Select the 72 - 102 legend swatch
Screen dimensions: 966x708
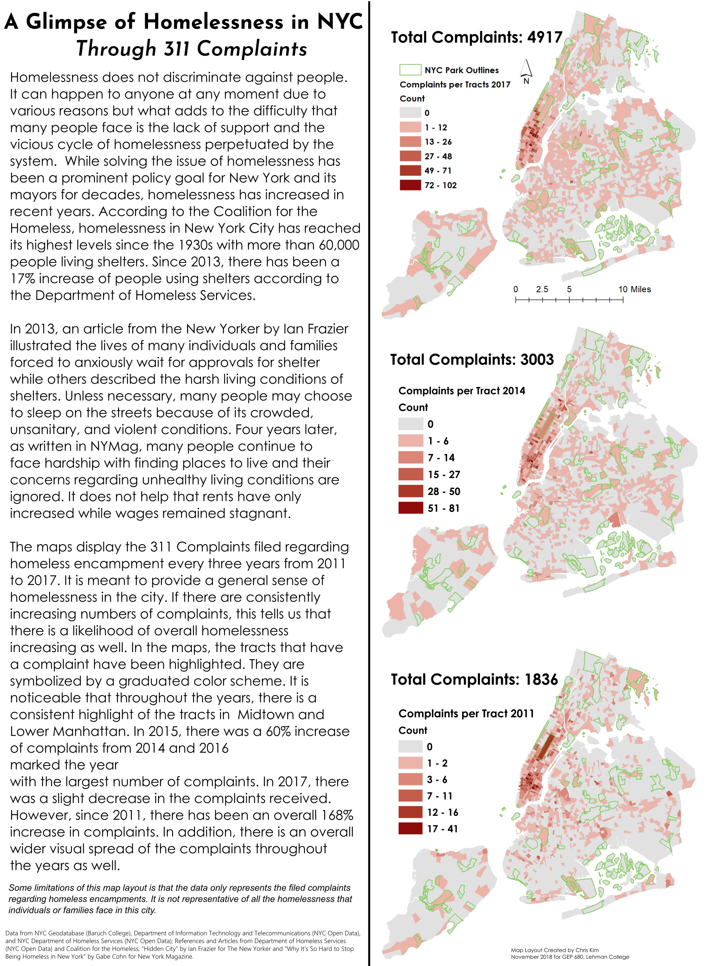[x=410, y=185]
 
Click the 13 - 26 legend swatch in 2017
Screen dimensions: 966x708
[x=410, y=142]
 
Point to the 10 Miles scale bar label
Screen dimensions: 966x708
[x=634, y=289]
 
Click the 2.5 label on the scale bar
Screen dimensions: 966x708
[x=542, y=289]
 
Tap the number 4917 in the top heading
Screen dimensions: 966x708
[x=545, y=38]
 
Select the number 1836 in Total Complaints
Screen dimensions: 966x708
[x=541, y=679]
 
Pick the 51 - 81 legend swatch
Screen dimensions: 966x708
[x=411, y=508]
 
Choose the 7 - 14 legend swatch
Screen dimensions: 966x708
[x=411, y=458]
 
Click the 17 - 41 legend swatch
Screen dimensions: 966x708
[x=410, y=829]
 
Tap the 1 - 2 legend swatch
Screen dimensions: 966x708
[x=410, y=763]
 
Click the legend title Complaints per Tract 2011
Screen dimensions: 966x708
[x=466, y=714]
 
